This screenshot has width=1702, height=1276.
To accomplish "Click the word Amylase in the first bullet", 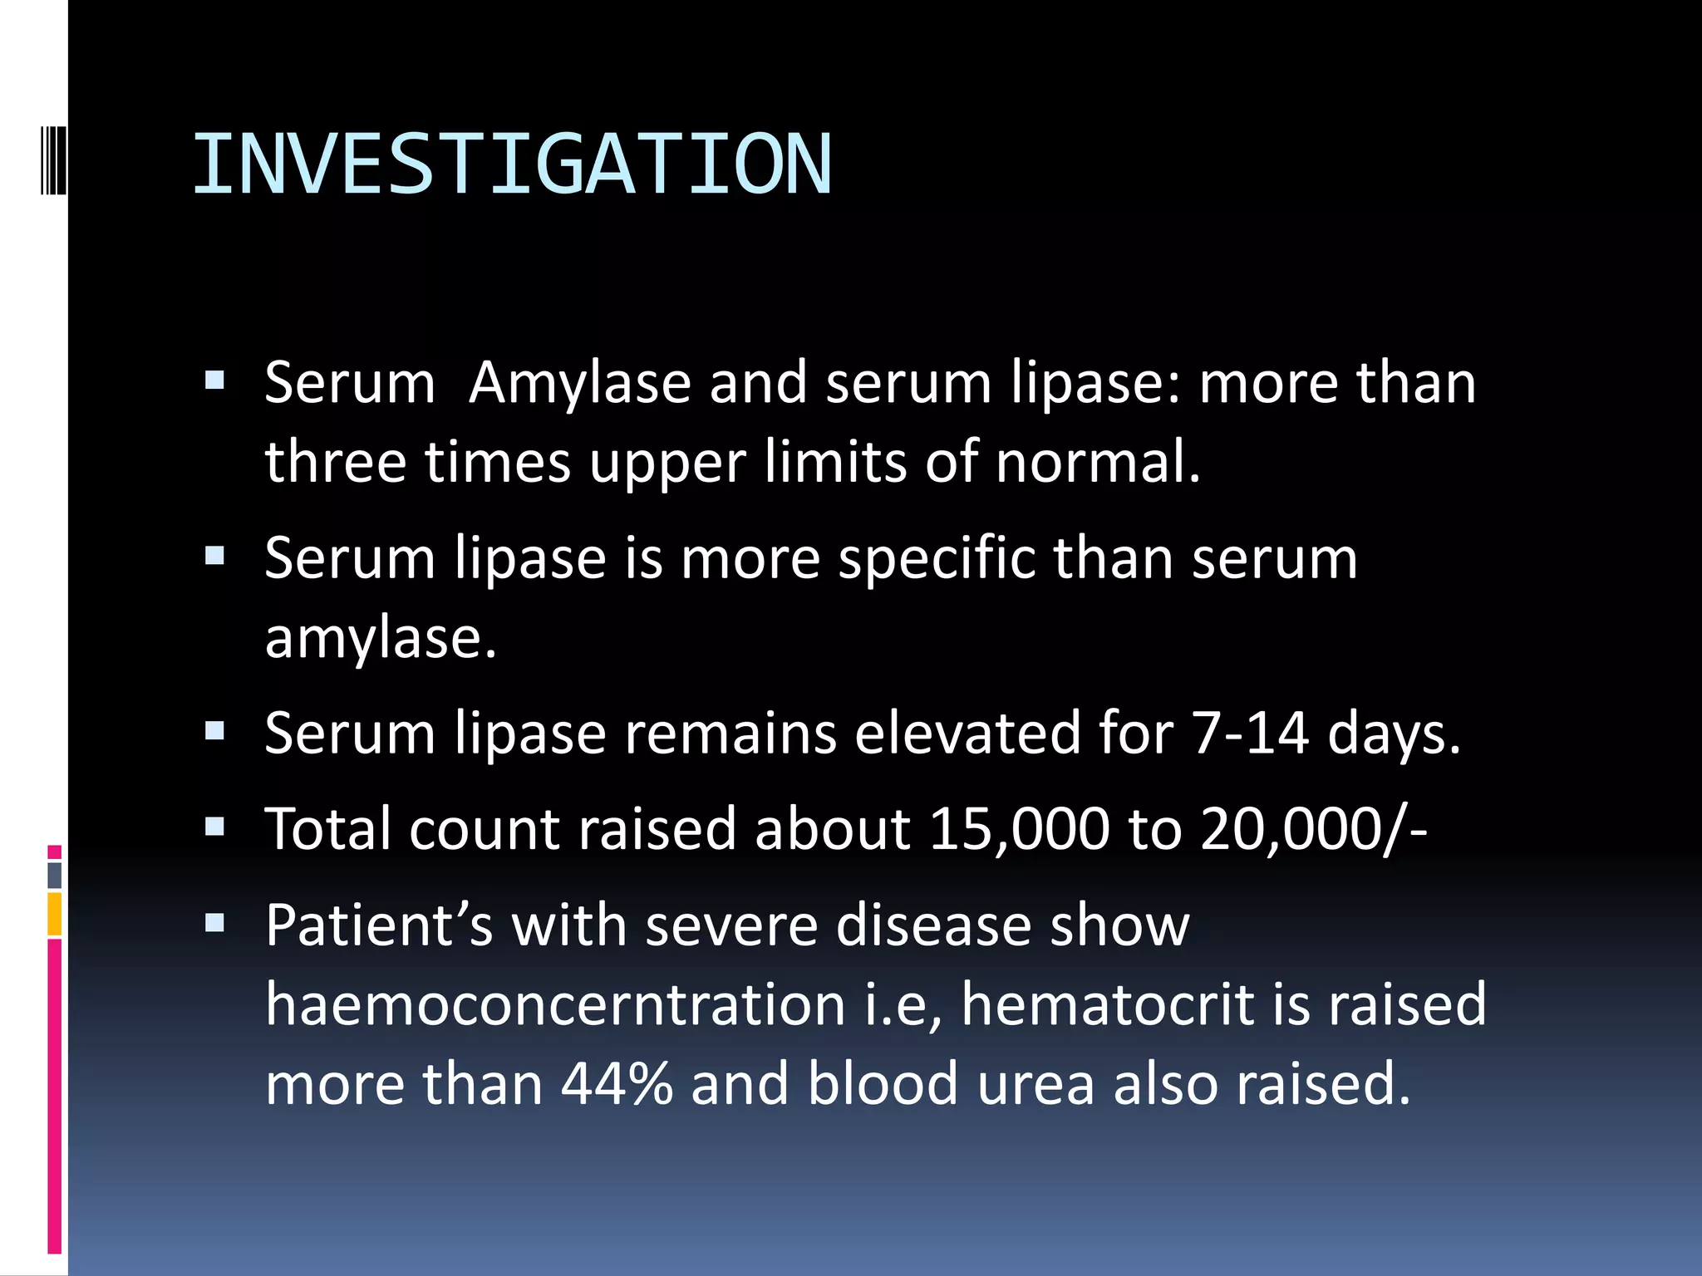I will [x=579, y=384].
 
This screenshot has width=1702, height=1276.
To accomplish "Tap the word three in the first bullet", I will [x=335, y=462].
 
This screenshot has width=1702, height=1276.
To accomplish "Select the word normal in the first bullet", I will [x=1097, y=462].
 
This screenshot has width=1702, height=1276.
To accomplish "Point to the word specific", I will [x=937, y=558].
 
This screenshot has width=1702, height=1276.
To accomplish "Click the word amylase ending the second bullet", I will [x=380, y=638].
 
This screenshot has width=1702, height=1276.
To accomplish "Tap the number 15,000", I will [x=1019, y=829].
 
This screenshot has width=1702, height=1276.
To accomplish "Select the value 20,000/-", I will [x=1314, y=829].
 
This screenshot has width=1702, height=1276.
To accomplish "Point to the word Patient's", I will [x=379, y=925].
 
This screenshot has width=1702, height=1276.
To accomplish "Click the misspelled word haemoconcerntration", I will [x=556, y=1004].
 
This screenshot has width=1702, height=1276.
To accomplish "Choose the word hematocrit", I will [x=1107, y=1004].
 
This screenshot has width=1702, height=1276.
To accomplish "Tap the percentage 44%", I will [x=617, y=1084].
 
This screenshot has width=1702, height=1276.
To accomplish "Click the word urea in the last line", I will [x=1035, y=1084].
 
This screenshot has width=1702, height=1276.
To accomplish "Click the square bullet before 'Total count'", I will [x=215, y=827].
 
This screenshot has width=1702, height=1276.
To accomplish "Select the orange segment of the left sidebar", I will [x=54, y=914].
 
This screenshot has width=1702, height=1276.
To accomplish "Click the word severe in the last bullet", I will [x=731, y=925].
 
